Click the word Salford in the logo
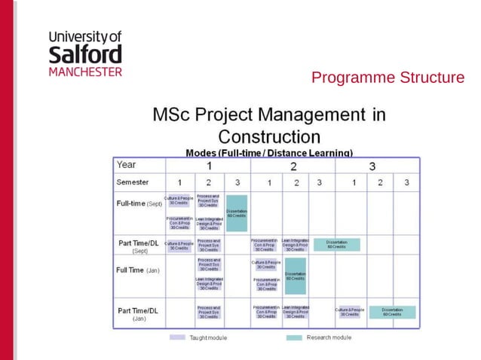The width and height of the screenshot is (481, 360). click(x=84, y=55)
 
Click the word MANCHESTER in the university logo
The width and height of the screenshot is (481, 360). click(x=84, y=72)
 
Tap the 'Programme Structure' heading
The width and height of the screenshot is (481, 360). click(x=388, y=78)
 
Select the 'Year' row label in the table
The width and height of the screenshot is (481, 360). click(x=127, y=165)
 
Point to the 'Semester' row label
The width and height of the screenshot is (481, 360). click(x=133, y=182)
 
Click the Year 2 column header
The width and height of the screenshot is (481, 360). click(x=293, y=166)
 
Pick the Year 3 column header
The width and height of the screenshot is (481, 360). click(x=372, y=166)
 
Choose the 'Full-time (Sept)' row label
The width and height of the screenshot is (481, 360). click(x=139, y=203)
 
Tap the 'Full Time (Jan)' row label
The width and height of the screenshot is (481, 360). click(x=137, y=270)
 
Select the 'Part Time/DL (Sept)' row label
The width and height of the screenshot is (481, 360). click(x=138, y=246)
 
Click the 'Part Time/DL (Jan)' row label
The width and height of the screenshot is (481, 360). click(x=138, y=313)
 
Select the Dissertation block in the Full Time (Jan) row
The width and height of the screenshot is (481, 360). click(x=295, y=276)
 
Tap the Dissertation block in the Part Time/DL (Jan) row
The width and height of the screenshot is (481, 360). click(x=392, y=312)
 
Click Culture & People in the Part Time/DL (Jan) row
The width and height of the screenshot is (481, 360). click(x=350, y=312)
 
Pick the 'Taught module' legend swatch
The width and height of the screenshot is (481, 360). click(x=177, y=337)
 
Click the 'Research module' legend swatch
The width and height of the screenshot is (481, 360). click(x=294, y=337)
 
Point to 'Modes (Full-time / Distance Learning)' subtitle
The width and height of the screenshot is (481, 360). click(x=268, y=152)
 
